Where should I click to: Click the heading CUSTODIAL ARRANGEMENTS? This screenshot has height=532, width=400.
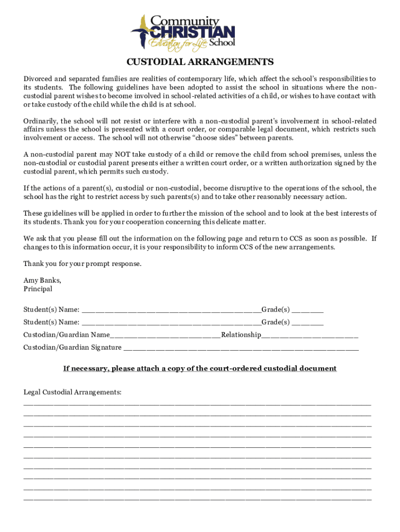tap(200, 62)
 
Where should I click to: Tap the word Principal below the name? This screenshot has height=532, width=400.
tap(38, 288)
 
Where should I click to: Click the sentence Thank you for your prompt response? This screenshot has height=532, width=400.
tap(82, 263)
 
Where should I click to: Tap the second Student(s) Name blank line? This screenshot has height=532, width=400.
tap(171, 323)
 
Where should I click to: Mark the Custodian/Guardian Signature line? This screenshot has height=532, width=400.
tap(241, 348)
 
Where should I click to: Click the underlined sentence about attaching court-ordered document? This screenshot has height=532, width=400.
tap(200, 368)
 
